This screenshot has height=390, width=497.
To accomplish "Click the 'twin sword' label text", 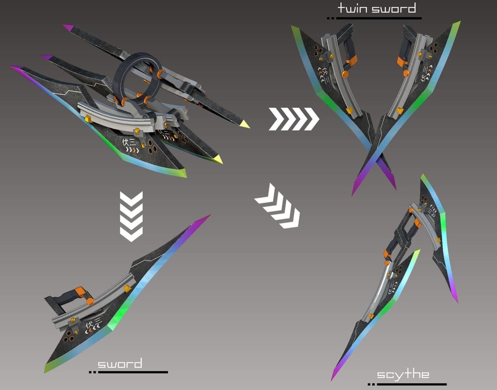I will click(x=377, y=8).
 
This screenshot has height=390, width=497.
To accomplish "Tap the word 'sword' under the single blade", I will click(x=120, y=364).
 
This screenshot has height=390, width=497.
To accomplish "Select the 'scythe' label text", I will click(x=403, y=374).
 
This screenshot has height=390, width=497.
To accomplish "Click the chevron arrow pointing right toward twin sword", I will click(x=294, y=119).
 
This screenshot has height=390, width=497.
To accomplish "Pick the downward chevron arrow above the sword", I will click(x=131, y=216).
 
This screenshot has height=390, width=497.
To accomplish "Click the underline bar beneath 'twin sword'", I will click(x=378, y=18).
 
